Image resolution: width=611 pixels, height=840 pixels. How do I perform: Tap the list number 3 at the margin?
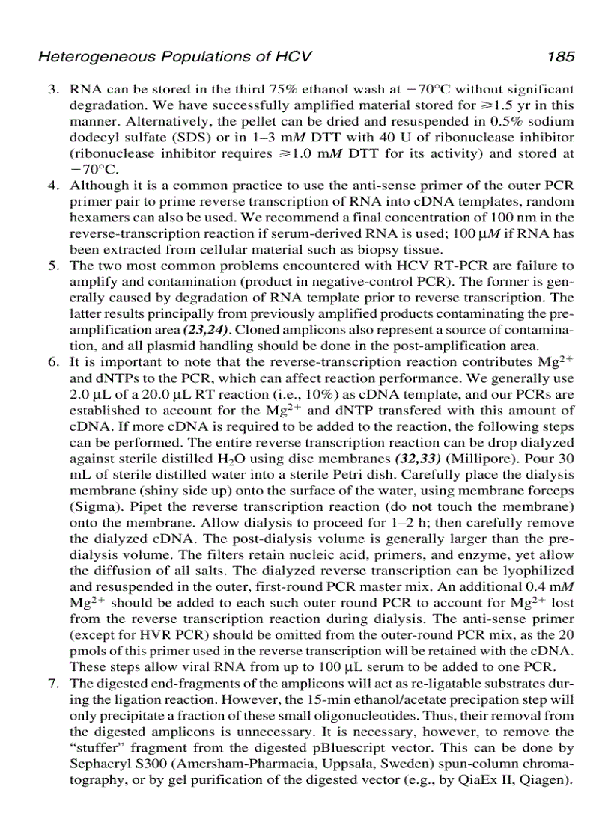(x=55, y=90)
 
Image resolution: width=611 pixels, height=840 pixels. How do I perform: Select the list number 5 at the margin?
(x=55, y=266)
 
